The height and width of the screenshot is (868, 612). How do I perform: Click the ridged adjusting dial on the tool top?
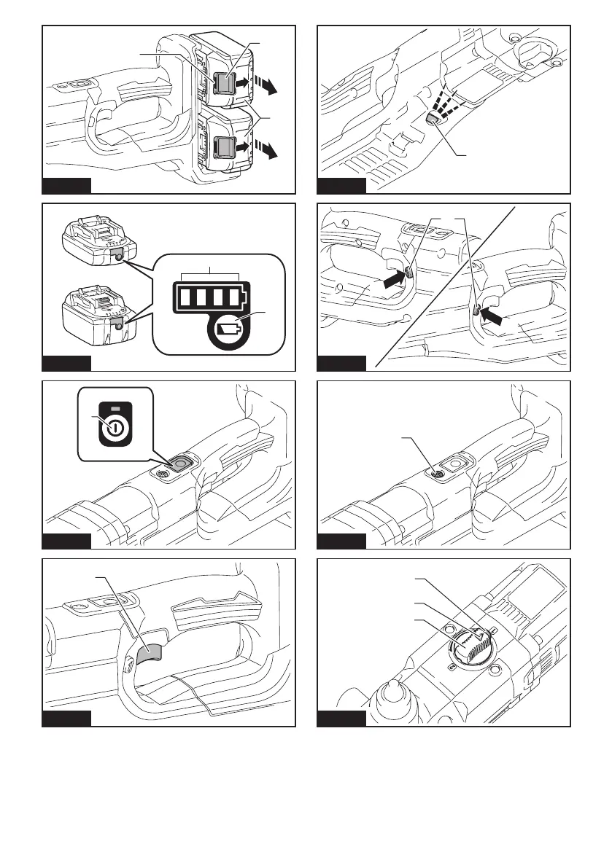(x=470, y=644)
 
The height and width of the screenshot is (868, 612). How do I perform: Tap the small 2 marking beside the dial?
(x=493, y=626)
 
